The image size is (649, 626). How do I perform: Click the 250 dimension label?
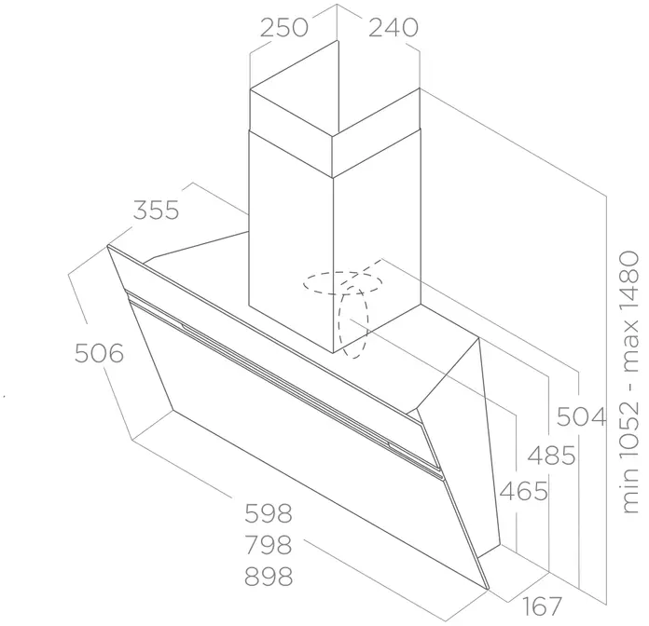pyautogui.click(x=283, y=28)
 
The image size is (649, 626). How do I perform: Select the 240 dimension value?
pyautogui.click(x=394, y=28)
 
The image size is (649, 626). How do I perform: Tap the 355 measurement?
pyautogui.click(x=157, y=210)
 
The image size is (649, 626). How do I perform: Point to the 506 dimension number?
pyautogui.click(x=100, y=353)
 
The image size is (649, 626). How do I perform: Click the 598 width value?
pyautogui.click(x=269, y=513)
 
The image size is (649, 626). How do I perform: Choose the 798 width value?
pyautogui.click(x=269, y=545)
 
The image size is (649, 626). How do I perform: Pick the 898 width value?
pyautogui.click(x=269, y=576)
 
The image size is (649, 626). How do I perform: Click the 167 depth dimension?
pyautogui.click(x=542, y=606)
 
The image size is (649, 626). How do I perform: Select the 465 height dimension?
pyautogui.click(x=524, y=492)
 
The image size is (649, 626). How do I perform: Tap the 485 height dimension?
pyautogui.click(x=552, y=456)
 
